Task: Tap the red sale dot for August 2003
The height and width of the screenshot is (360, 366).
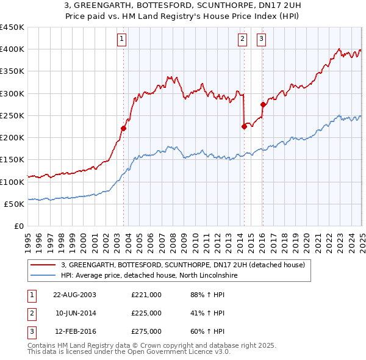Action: (123, 128)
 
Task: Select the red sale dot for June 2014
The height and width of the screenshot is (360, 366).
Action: (244, 126)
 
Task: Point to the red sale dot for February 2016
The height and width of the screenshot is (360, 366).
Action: (263, 104)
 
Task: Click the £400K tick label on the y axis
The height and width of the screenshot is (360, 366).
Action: (12, 49)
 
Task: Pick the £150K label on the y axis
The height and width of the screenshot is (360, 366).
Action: (12, 160)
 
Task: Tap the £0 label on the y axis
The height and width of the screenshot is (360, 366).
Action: (19, 226)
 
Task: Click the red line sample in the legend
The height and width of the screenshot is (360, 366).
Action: (43, 265)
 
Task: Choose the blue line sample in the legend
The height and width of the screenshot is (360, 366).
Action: (43, 275)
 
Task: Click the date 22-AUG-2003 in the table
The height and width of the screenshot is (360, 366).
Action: (75, 294)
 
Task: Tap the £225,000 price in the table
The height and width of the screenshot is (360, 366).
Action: (146, 313)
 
